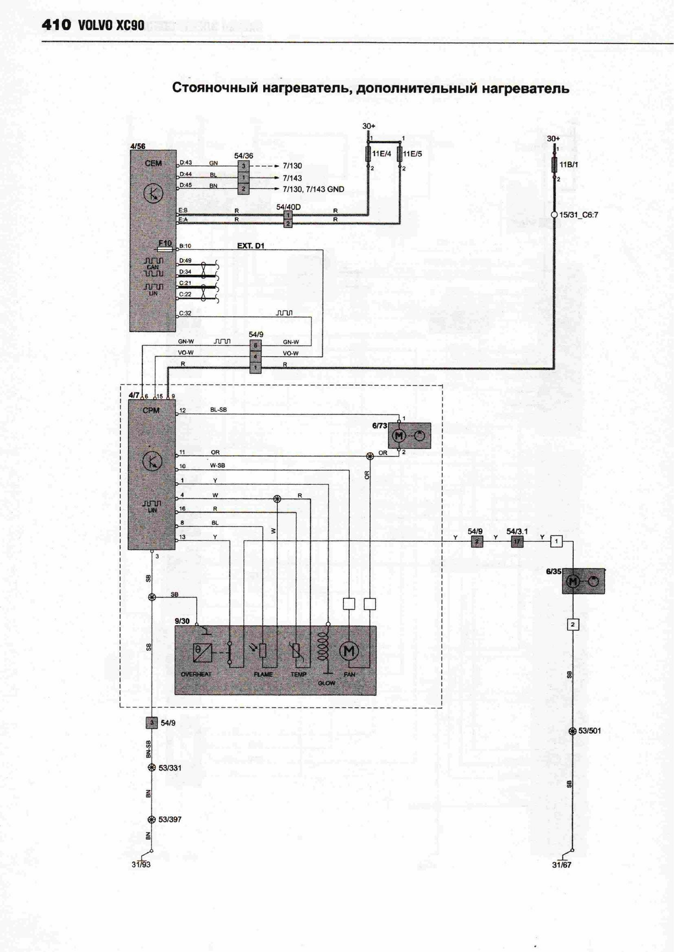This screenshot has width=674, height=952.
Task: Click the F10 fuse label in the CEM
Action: [165, 243]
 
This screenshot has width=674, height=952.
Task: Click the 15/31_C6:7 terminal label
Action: [579, 215]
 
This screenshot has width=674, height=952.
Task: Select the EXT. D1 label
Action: [251, 246]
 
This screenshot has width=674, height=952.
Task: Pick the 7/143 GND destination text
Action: [313, 190]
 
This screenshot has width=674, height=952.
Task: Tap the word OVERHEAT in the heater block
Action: [196, 674]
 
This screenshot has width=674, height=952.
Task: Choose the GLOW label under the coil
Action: [327, 683]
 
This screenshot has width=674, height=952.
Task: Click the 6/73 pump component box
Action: [409, 436]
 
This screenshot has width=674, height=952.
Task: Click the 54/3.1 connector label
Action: [517, 531]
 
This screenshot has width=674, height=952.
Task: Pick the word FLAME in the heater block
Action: [263, 674]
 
